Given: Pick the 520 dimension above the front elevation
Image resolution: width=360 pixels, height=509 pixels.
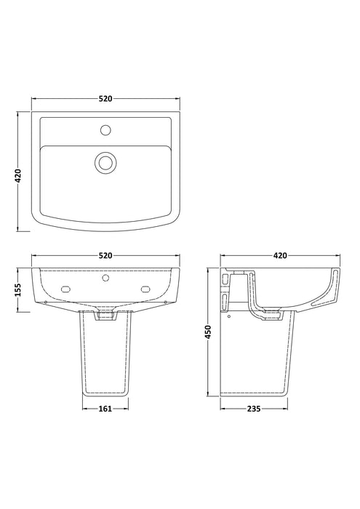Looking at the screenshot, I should (106, 256).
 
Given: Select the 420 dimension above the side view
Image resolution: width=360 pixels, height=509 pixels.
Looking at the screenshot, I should (281, 256).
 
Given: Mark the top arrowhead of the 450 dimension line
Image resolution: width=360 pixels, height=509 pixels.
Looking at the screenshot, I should (209, 270).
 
